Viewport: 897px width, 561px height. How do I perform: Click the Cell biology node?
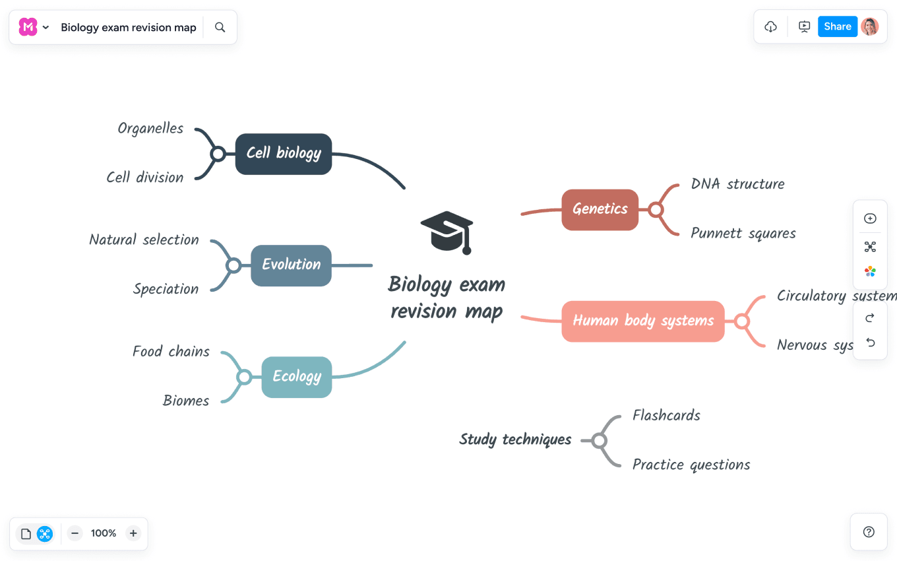click(x=284, y=154)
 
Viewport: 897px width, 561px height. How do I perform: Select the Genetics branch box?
click(x=600, y=210)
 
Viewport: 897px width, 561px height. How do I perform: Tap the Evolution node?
click(x=291, y=265)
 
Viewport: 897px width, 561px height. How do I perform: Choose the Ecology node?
click(x=297, y=377)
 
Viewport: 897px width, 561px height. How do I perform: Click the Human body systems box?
click(x=642, y=321)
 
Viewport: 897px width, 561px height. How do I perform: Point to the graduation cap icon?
click(x=447, y=232)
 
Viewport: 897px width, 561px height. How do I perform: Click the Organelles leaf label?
click(x=150, y=128)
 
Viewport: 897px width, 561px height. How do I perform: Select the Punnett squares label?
click(x=743, y=233)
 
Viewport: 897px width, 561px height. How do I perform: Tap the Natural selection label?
click(x=144, y=240)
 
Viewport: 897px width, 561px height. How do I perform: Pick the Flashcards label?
click(x=666, y=415)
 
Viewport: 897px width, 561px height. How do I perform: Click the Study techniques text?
click(x=515, y=440)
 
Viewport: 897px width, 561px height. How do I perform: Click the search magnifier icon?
click(x=220, y=27)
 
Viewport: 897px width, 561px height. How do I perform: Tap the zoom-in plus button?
click(x=133, y=533)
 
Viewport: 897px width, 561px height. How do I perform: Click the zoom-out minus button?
click(x=75, y=533)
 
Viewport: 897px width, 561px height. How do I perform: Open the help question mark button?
click(x=869, y=532)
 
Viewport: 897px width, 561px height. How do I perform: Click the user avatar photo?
click(x=870, y=26)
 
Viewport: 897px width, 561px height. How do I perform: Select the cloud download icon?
click(x=770, y=26)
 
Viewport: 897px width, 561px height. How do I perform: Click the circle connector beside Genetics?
click(x=656, y=210)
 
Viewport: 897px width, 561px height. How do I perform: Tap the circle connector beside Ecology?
click(x=244, y=377)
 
